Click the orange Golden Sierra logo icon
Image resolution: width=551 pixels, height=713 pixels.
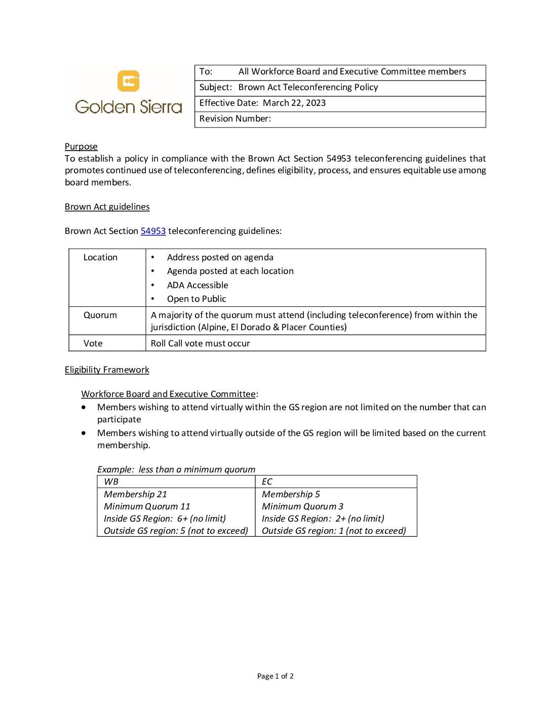[128, 81]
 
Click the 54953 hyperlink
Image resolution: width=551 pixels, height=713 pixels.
[153, 231]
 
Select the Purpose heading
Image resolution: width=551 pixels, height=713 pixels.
[81, 146]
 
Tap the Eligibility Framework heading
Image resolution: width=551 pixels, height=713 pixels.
[107, 370]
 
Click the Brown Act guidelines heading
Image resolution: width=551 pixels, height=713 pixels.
[107, 207]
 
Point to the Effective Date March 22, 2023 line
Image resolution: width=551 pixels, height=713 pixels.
[262, 103]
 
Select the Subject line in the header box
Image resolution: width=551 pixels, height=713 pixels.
[289, 87]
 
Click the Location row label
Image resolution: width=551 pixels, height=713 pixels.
[100, 257]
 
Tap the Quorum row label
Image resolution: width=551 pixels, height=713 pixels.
[100, 315]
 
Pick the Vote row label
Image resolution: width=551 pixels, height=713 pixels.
[93, 343]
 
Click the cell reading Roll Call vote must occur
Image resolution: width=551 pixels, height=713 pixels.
[201, 343]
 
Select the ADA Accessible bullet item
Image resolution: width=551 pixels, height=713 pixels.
[198, 285]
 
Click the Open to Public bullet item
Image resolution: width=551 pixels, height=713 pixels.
[196, 299]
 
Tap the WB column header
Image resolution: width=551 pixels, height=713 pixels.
[111, 482]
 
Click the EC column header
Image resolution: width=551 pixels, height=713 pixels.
[267, 482]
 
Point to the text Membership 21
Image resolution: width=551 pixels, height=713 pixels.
[135, 494]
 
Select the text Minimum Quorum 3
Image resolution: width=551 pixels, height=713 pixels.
[302, 506]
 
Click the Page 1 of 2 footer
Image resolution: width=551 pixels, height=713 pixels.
[275, 676]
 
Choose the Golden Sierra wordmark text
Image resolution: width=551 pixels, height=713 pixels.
[129, 107]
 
